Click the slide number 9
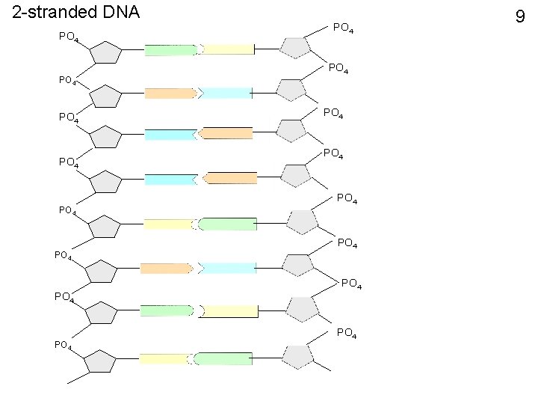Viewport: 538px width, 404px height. [x=521, y=16]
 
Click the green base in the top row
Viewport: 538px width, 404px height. [x=171, y=50]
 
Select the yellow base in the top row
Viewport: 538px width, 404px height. [x=229, y=49]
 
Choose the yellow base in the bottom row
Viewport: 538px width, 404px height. [x=164, y=359]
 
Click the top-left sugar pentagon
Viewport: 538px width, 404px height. [x=105, y=54]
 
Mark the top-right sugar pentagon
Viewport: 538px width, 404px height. [x=296, y=47]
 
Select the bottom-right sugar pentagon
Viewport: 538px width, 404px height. [x=298, y=356]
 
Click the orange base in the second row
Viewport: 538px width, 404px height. [x=170, y=94]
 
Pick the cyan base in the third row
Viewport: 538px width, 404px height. [x=169, y=135]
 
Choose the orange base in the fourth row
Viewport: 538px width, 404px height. [x=231, y=178]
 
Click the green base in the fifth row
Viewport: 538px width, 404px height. [x=226, y=224]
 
